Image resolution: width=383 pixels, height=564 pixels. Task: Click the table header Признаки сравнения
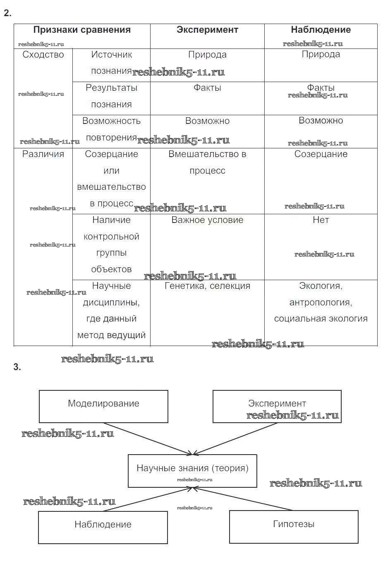pyautogui.click(x=82, y=30)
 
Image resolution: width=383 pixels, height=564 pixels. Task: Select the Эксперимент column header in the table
pyautogui.click(x=207, y=30)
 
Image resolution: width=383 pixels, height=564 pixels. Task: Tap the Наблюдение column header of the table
pyautogui.click(x=321, y=30)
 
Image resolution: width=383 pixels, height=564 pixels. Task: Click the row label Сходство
pyautogui.click(x=43, y=55)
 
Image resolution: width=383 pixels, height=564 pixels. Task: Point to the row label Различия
pyautogui.click(x=43, y=154)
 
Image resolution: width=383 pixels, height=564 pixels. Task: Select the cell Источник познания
pyautogui.click(x=111, y=63)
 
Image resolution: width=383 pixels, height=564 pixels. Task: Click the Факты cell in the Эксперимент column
pyautogui.click(x=207, y=88)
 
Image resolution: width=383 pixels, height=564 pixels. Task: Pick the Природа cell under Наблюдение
pyautogui.click(x=321, y=54)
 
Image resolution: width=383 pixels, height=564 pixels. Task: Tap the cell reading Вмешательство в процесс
pyautogui.click(x=207, y=162)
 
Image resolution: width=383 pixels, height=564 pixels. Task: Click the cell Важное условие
pyautogui.click(x=207, y=220)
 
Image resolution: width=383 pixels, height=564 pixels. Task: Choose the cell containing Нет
pyautogui.click(x=321, y=220)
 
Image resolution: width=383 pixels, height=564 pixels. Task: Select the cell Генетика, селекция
pyautogui.click(x=207, y=286)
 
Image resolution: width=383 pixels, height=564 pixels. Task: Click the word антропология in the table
pyautogui.click(x=321, y=303)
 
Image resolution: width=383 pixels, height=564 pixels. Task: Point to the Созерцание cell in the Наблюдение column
pyautogui.click(x=321, y=154)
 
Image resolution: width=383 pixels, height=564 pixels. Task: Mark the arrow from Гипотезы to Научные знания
pyautogui.click(x=244, y=499)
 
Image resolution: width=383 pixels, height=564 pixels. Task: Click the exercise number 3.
pyautogui.click(x=17, y=367)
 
